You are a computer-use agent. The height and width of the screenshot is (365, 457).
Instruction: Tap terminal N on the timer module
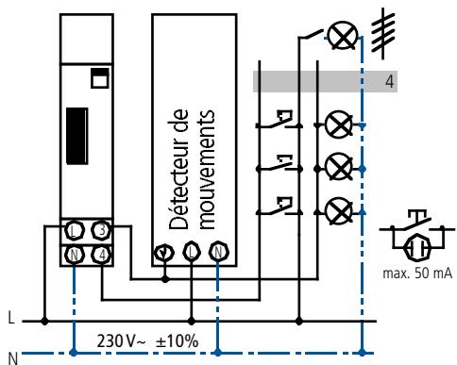[x=74, y=253]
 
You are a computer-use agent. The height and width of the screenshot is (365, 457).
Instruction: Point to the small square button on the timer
[x=97, y=79]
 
